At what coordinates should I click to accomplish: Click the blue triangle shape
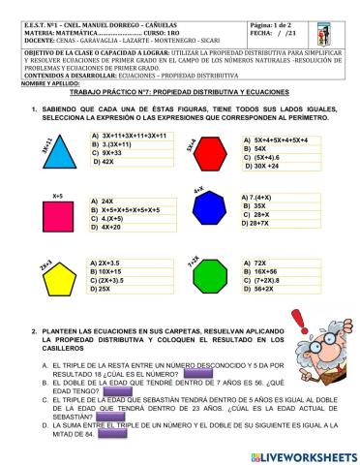click(x=59, y=153)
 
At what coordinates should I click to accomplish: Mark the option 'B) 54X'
click(x=254, y=149)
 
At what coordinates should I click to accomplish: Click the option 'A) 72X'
click(x=255, y=263)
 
